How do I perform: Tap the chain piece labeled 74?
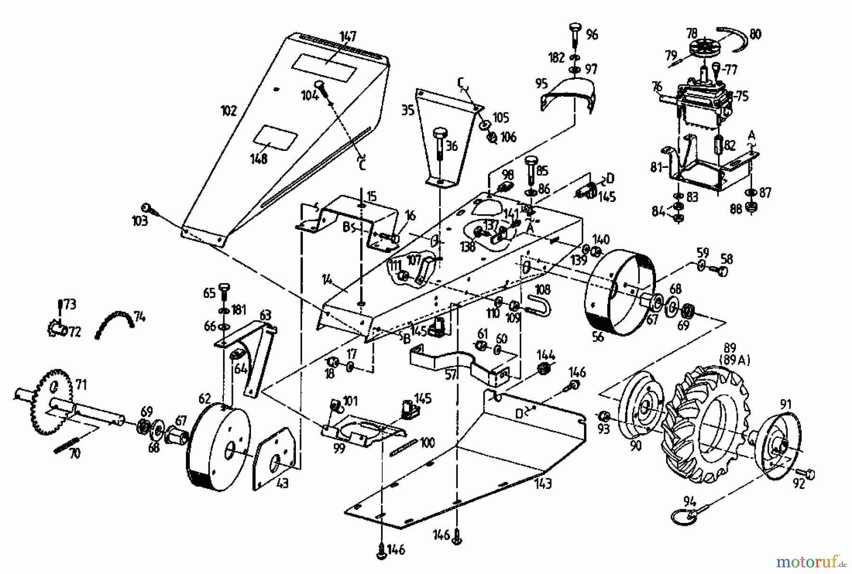pos(114,322)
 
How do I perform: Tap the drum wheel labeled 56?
pos(620,291)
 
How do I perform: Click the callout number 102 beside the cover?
pos(228,111)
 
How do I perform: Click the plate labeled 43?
pos(276,458)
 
